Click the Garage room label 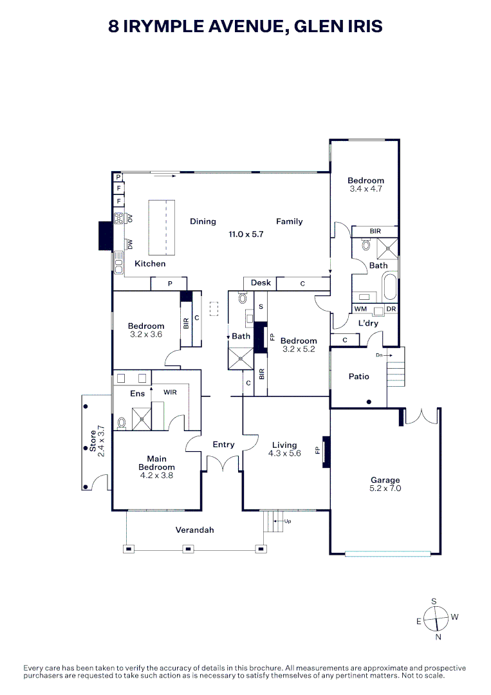[385, 479]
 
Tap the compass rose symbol [436, 619]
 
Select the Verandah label [194, 530]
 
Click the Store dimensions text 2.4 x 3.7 [101, 441]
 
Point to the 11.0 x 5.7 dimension [246, 234]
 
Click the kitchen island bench [162, 227]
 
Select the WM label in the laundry [360, 309]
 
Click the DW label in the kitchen [130, 244]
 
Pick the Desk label [261, 283]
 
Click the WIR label [170, 393]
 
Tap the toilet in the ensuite [122, 423]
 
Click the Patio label [358, 376]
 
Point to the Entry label [223, 445]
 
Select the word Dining [203, 221]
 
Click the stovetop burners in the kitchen [119, 218]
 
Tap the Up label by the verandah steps [288, 522]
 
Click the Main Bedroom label [156, 463]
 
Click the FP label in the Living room [317, 450]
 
